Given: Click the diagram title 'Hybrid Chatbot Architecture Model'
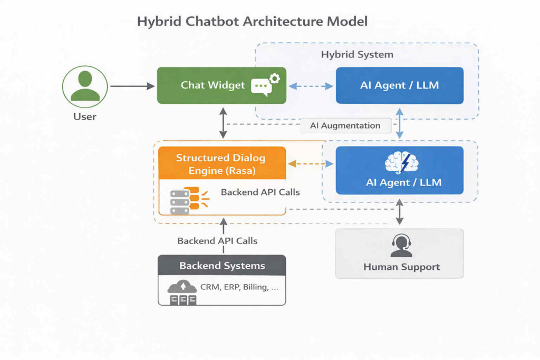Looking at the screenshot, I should pyautogui.click(x=252, y=22).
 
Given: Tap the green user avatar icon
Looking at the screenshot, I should pyautogui.click(x=85, y=86).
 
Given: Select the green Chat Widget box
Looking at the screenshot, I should pyautogui.click(x=221, y=85).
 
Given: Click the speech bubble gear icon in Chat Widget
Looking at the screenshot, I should pyautogui.click(x=265, y=85).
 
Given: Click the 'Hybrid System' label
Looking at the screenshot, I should pyautogui.click(x=357, y=54).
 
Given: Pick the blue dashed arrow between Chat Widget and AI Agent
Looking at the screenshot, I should pyautogui.click(x=311, y=85).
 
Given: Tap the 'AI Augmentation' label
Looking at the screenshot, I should pyautogui.click(x=346, y=125).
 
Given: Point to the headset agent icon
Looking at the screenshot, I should pyautogui.click(x=401, y=246).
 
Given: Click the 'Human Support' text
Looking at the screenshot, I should pyautogui.click(x=401, y=267).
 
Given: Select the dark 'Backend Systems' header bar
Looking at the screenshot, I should pyautogui.click(x=222, y=265).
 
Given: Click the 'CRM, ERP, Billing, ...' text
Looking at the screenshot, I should pyautogui.click(x=239, y=288).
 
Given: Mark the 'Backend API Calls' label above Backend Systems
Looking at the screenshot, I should pyautogui.click(x=217, y=240).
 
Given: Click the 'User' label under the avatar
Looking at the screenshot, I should pyautogui.click(x=85, y=116).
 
